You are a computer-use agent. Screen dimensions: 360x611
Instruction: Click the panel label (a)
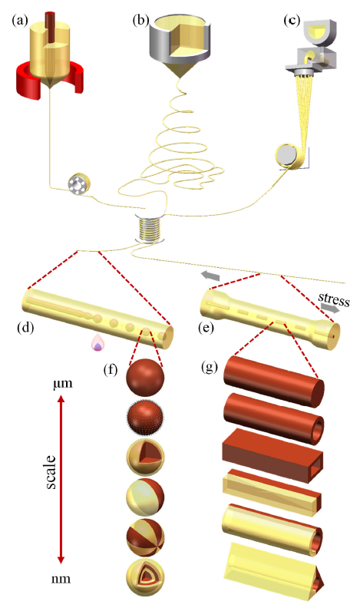tap(20, 20)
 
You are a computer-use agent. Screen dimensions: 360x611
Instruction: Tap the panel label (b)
tap(141, 20)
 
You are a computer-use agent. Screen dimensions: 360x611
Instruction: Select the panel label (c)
tap(292, 20)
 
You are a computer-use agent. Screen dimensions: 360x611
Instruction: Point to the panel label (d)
tap(26, 328)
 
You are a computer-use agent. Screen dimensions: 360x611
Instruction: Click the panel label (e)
tap(206, 328)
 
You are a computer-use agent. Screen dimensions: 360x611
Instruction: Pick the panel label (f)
tap(111, 369)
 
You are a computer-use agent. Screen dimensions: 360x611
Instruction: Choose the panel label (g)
tap(210, 367)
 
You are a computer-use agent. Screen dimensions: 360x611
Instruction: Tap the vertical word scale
tap(51, 472)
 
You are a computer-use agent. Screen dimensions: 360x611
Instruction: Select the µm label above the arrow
tap(63, 384)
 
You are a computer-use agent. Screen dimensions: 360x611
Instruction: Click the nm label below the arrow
tap(61, 579)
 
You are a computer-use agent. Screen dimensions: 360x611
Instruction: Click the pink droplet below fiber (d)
tap(97, 344)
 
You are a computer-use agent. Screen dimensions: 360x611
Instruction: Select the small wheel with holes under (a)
tap(78, 184)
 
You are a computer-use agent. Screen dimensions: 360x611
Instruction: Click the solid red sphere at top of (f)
tap(146, 377)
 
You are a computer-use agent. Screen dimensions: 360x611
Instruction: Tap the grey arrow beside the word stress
tap(330, 309)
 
